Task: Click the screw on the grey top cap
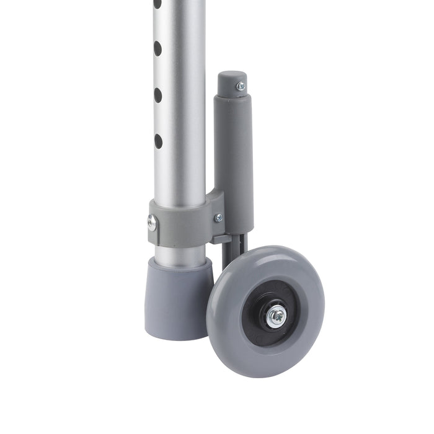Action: [x=241, y=87]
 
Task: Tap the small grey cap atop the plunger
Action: [x=232, y=80]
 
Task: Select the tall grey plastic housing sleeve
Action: [x=234, y=155]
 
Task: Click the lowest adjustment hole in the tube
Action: [x=157, y=141]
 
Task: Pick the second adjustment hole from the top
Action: [x=157, y=48]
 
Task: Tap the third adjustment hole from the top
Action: [x=157, y=95]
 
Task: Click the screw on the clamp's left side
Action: [x=152, y=222]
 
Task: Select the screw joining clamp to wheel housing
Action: [x=218, y=218]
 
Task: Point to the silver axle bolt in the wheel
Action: [x=276, y=316]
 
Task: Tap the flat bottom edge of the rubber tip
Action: [x=180, y=338]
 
